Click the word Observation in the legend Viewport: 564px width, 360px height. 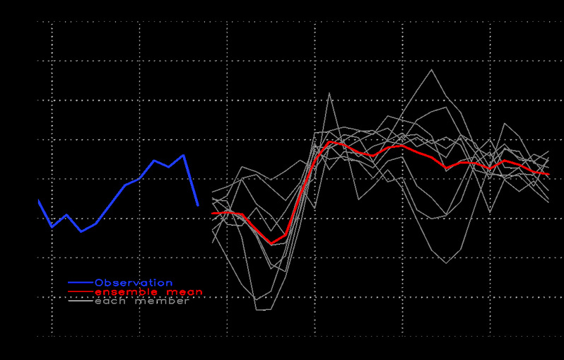133,283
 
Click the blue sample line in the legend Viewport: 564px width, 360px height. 81,283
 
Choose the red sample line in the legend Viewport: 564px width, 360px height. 81,292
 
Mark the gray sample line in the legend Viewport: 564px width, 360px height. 81,301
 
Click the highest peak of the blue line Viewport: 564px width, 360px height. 184,155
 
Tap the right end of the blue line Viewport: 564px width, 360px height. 198,205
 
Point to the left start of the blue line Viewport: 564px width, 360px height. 38,201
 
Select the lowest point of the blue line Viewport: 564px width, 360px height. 81,231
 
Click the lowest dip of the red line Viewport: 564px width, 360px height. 271,244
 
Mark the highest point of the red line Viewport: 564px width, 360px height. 329,141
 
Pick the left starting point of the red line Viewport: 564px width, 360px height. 213,213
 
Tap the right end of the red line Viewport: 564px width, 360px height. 548,174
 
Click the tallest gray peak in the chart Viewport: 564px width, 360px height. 431,69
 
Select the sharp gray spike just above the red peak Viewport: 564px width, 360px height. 329,93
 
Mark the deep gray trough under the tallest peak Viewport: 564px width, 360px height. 446,263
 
